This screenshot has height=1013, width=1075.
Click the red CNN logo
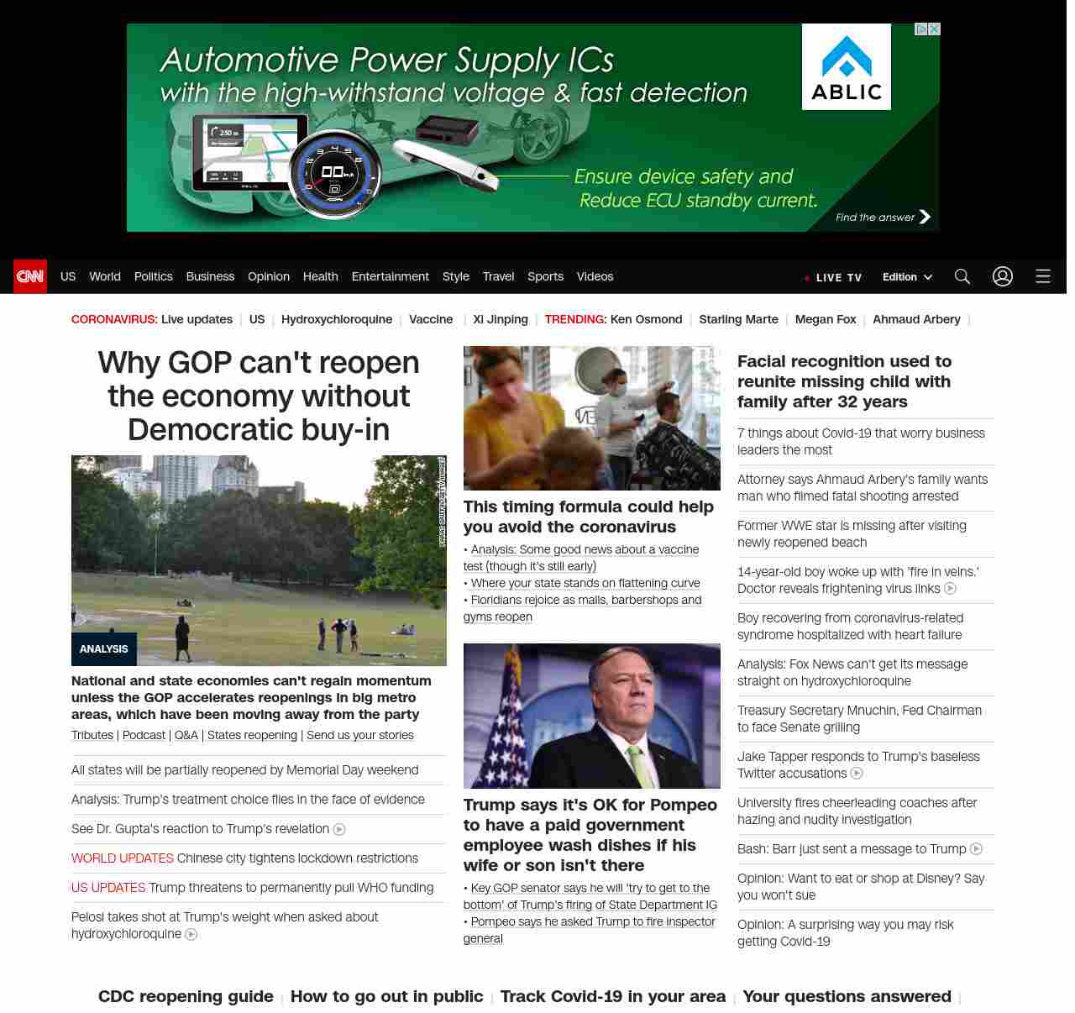tap(30, 276)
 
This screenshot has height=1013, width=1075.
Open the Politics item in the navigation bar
tap(153, 276)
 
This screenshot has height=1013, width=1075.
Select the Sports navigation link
tap(545, 276)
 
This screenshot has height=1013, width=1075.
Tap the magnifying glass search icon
tap(962, 276)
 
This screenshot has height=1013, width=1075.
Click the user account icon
tap(1003, 276)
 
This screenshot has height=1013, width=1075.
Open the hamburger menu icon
tap(1043, 276)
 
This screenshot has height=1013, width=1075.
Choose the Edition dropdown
tap(907, 277)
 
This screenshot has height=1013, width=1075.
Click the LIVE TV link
tap(837, 277)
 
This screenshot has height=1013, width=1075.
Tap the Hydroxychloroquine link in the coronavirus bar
tap(337, 319)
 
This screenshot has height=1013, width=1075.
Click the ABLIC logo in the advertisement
tap(847, 67)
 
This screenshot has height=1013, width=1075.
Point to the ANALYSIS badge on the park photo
tap(104, 649)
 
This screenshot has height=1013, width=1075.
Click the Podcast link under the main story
tap(144, 735)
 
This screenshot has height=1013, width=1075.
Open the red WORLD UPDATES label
tap(123, 858)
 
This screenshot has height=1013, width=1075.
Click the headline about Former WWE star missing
tap(852, 534)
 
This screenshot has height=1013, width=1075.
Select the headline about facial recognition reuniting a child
tap(844, 381)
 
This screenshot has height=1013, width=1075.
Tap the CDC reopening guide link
tap(186, 996)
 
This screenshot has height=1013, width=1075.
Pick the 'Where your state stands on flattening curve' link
tap(585, 583)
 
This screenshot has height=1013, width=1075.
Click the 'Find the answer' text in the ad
tap(875, 218)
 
